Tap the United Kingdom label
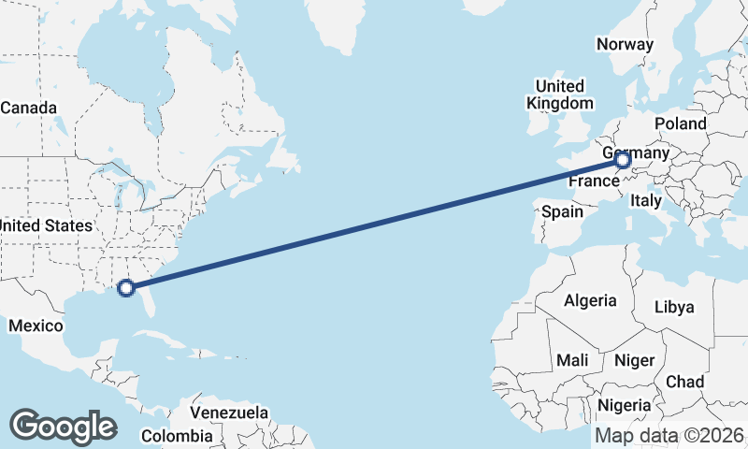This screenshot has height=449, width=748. pyautogui.click(x=560, y=94)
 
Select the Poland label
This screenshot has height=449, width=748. pyautogui.click(x=681, y=123)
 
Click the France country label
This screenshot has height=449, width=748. pyautogui.click(x=594, y=181)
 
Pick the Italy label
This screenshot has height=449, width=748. pyautogui.click(x=646, y=200)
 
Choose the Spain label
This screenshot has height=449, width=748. pyautogui.click(x=562, y=211)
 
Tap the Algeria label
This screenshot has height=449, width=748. pyautogui.click(x=590, y=300)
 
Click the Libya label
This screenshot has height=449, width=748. pyautogui.click(x=674, y=307)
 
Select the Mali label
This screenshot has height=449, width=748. pyautogui.click(x=571, y=360)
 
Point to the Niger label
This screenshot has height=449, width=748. pyautogui.click(x=633, y=360)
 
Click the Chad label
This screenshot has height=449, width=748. pyautogui.click(x=684, y=382)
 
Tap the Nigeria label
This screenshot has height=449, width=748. pyautogui.click(x=624, y=405)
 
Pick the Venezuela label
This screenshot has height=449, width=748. pyautogui.click(x=229, y=413)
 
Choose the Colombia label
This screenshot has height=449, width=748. pyautogui.click(x=177, y=436)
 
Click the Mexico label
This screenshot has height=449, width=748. pyautogui.click(x=35, y=326)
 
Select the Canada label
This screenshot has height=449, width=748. pyautogui.click(x=28, y=108)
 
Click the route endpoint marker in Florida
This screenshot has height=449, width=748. pyautogui.click(x=127, y=288)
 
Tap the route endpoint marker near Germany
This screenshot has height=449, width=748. pyautogui.click(x=623, y=161)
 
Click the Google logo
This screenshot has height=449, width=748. pyautogui.click(x=63, y=426)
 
